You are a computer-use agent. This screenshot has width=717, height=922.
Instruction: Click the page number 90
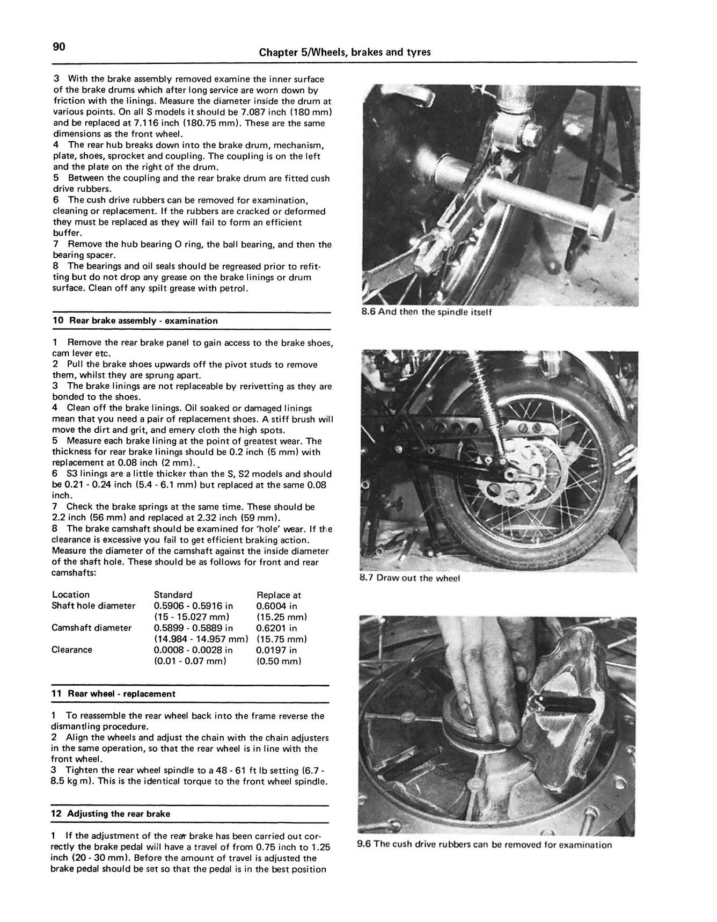coord(59,47)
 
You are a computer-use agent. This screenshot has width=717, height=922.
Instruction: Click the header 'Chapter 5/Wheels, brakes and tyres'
coord(345,52)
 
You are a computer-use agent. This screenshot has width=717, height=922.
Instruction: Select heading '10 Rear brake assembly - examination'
coord(135,321)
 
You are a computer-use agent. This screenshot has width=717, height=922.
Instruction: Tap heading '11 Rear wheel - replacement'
coord(113,694)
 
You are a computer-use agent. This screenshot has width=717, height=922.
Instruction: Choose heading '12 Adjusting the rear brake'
coord(111,814)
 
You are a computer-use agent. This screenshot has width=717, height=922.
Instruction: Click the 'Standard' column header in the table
coord(173,594)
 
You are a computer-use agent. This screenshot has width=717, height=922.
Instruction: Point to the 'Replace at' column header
coord(279,595)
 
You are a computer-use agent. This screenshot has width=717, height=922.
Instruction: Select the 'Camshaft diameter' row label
coord(91,628)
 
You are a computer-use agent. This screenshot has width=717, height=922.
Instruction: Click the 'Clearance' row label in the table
coord(72,650)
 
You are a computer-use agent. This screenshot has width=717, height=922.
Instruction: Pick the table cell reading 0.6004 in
coord(276,606)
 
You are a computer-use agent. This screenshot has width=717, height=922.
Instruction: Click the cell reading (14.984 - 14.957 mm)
coord(201,639)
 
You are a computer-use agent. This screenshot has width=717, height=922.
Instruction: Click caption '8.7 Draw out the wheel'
coord(409,578)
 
